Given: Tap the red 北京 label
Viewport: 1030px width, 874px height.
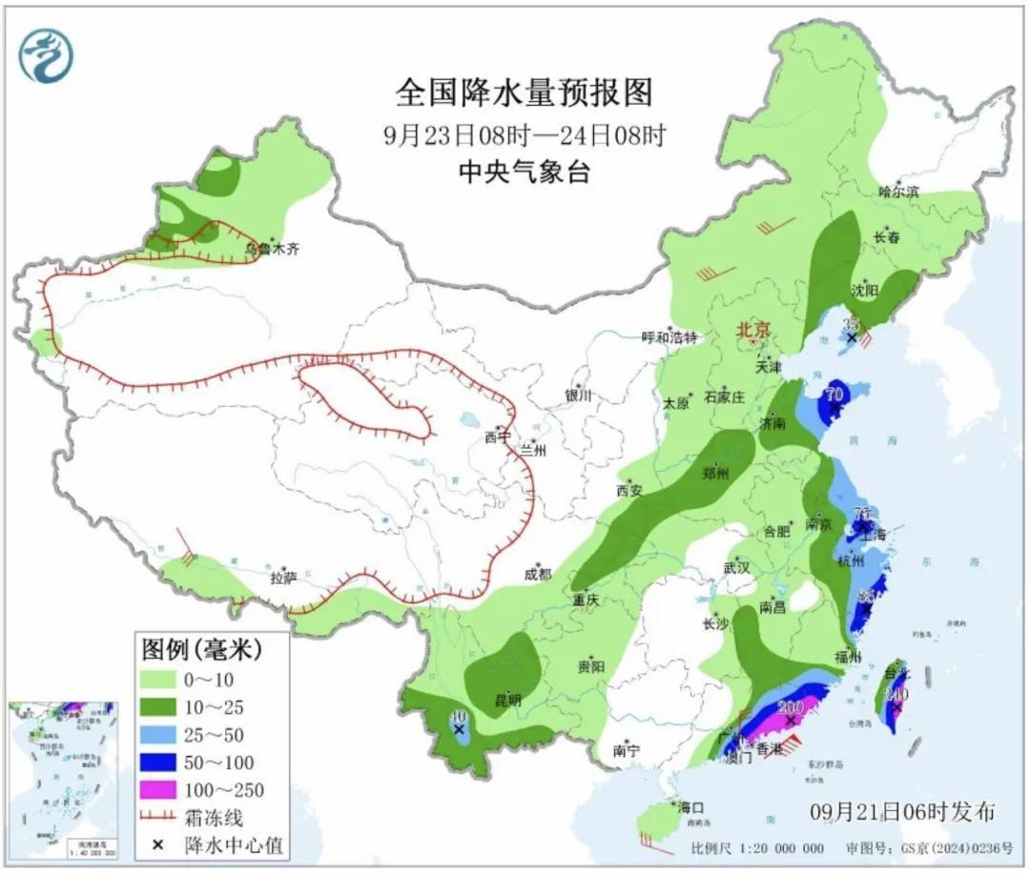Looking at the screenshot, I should [752, 331].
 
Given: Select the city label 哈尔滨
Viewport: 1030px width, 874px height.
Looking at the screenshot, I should [898, 191].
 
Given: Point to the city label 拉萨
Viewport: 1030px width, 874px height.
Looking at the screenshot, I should [283, 577].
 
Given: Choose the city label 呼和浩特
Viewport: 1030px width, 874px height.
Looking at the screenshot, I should [669, 336].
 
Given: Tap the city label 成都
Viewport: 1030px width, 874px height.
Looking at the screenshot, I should [537, 573].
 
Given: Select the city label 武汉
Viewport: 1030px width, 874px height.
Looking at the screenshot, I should [736, 567].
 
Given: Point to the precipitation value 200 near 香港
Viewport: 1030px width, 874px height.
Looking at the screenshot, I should [791, 707].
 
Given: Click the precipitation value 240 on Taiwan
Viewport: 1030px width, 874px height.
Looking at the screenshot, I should [896, 695].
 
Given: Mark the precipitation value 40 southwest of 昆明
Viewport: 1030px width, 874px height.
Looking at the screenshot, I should [458, 717].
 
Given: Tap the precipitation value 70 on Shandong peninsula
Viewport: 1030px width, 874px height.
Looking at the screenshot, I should [834, 393].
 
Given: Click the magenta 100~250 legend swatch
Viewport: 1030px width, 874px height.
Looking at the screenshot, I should [172, 789].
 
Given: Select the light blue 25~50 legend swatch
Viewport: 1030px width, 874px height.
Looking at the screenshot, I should [172, 734].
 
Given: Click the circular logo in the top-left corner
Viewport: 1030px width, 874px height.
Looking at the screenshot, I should [46, 55].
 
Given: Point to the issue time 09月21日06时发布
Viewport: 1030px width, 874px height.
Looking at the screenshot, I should [902, 812].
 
